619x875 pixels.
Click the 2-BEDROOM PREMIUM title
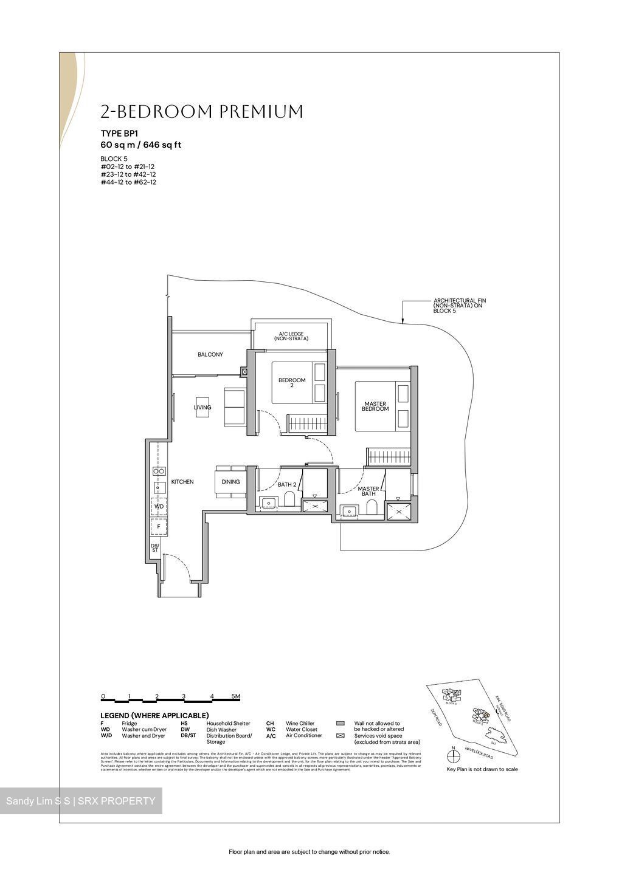201,112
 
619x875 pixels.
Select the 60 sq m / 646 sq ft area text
140,145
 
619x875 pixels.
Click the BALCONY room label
210,354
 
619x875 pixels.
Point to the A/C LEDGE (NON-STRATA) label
291,336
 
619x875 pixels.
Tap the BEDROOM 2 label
292,382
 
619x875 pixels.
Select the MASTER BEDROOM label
375,407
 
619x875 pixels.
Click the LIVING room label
202,407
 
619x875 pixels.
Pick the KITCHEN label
182,482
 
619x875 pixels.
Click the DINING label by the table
230,482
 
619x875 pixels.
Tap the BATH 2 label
287,485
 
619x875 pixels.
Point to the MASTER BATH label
368,491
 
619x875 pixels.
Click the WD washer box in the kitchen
159,506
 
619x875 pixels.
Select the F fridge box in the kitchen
159,527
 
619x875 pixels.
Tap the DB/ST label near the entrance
155,547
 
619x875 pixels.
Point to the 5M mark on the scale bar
236,696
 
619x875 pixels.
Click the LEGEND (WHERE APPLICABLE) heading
154,715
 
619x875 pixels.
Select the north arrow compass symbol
452,757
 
